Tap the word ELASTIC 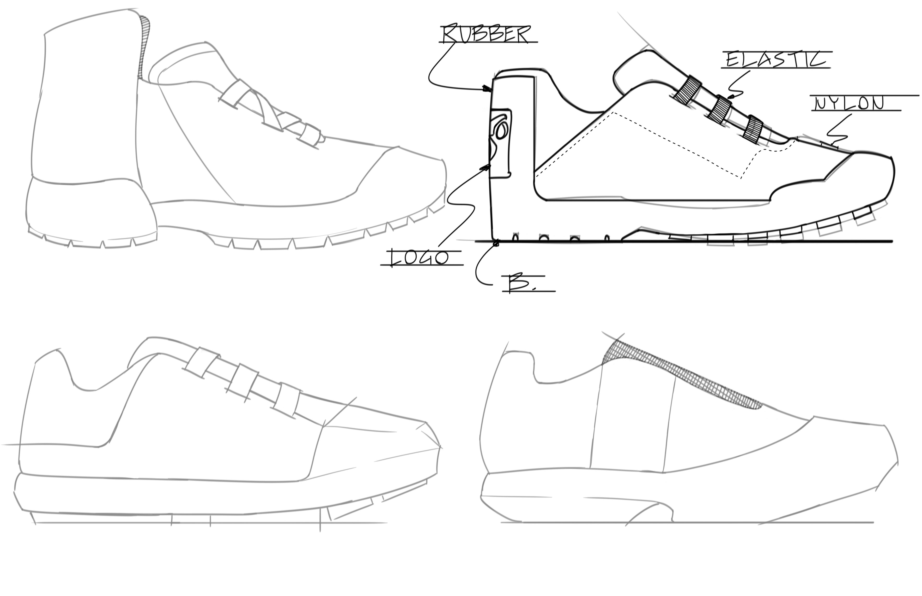coord(776,60)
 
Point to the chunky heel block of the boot coord(89,211)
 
